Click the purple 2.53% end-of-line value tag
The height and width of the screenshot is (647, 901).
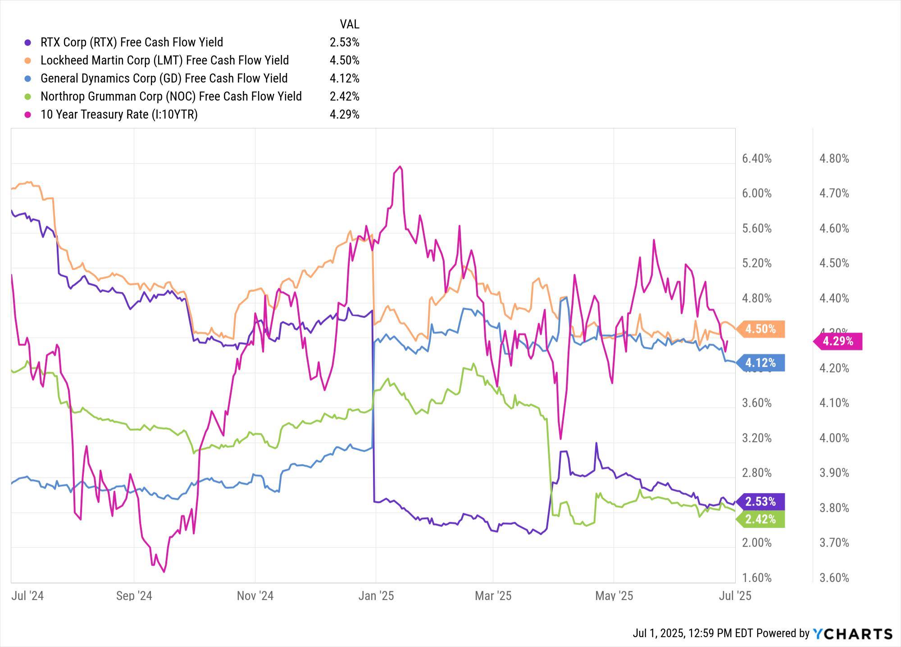click(x=760, y=501)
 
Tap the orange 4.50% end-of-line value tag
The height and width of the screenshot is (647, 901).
click(x=760, y=329)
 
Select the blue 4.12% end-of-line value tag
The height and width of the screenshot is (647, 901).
click(x=760, y=363)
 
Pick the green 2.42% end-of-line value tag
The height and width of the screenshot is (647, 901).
click(x=760, y=519)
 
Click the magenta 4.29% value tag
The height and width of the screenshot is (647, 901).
click(x=838, y=341)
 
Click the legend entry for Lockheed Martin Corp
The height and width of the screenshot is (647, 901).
click(x=164, y=60)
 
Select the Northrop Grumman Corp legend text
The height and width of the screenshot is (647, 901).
click(x=171, y=96)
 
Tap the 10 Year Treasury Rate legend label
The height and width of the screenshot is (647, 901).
click(x=119, y=115)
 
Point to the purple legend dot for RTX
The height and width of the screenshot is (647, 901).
click(x=28, y=42)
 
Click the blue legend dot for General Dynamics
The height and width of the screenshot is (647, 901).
click(x=28, y=78)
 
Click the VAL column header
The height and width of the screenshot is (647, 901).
click(x=349, y=24)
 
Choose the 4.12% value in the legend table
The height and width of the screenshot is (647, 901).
click(x=344, y=78)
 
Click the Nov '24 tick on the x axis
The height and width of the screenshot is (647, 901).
click(x=255, y=596)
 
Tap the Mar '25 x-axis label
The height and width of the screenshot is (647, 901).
click(x=493, y=596)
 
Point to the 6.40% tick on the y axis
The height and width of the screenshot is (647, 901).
click(x=756, y=159)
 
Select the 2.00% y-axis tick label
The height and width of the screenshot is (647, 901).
click(x=756, y=543)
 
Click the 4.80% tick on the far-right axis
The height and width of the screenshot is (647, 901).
click(x=834, y=159)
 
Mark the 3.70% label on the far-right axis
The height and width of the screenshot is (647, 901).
click(x=834, y=543)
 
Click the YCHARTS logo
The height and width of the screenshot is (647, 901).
click(x=852, y=633)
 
